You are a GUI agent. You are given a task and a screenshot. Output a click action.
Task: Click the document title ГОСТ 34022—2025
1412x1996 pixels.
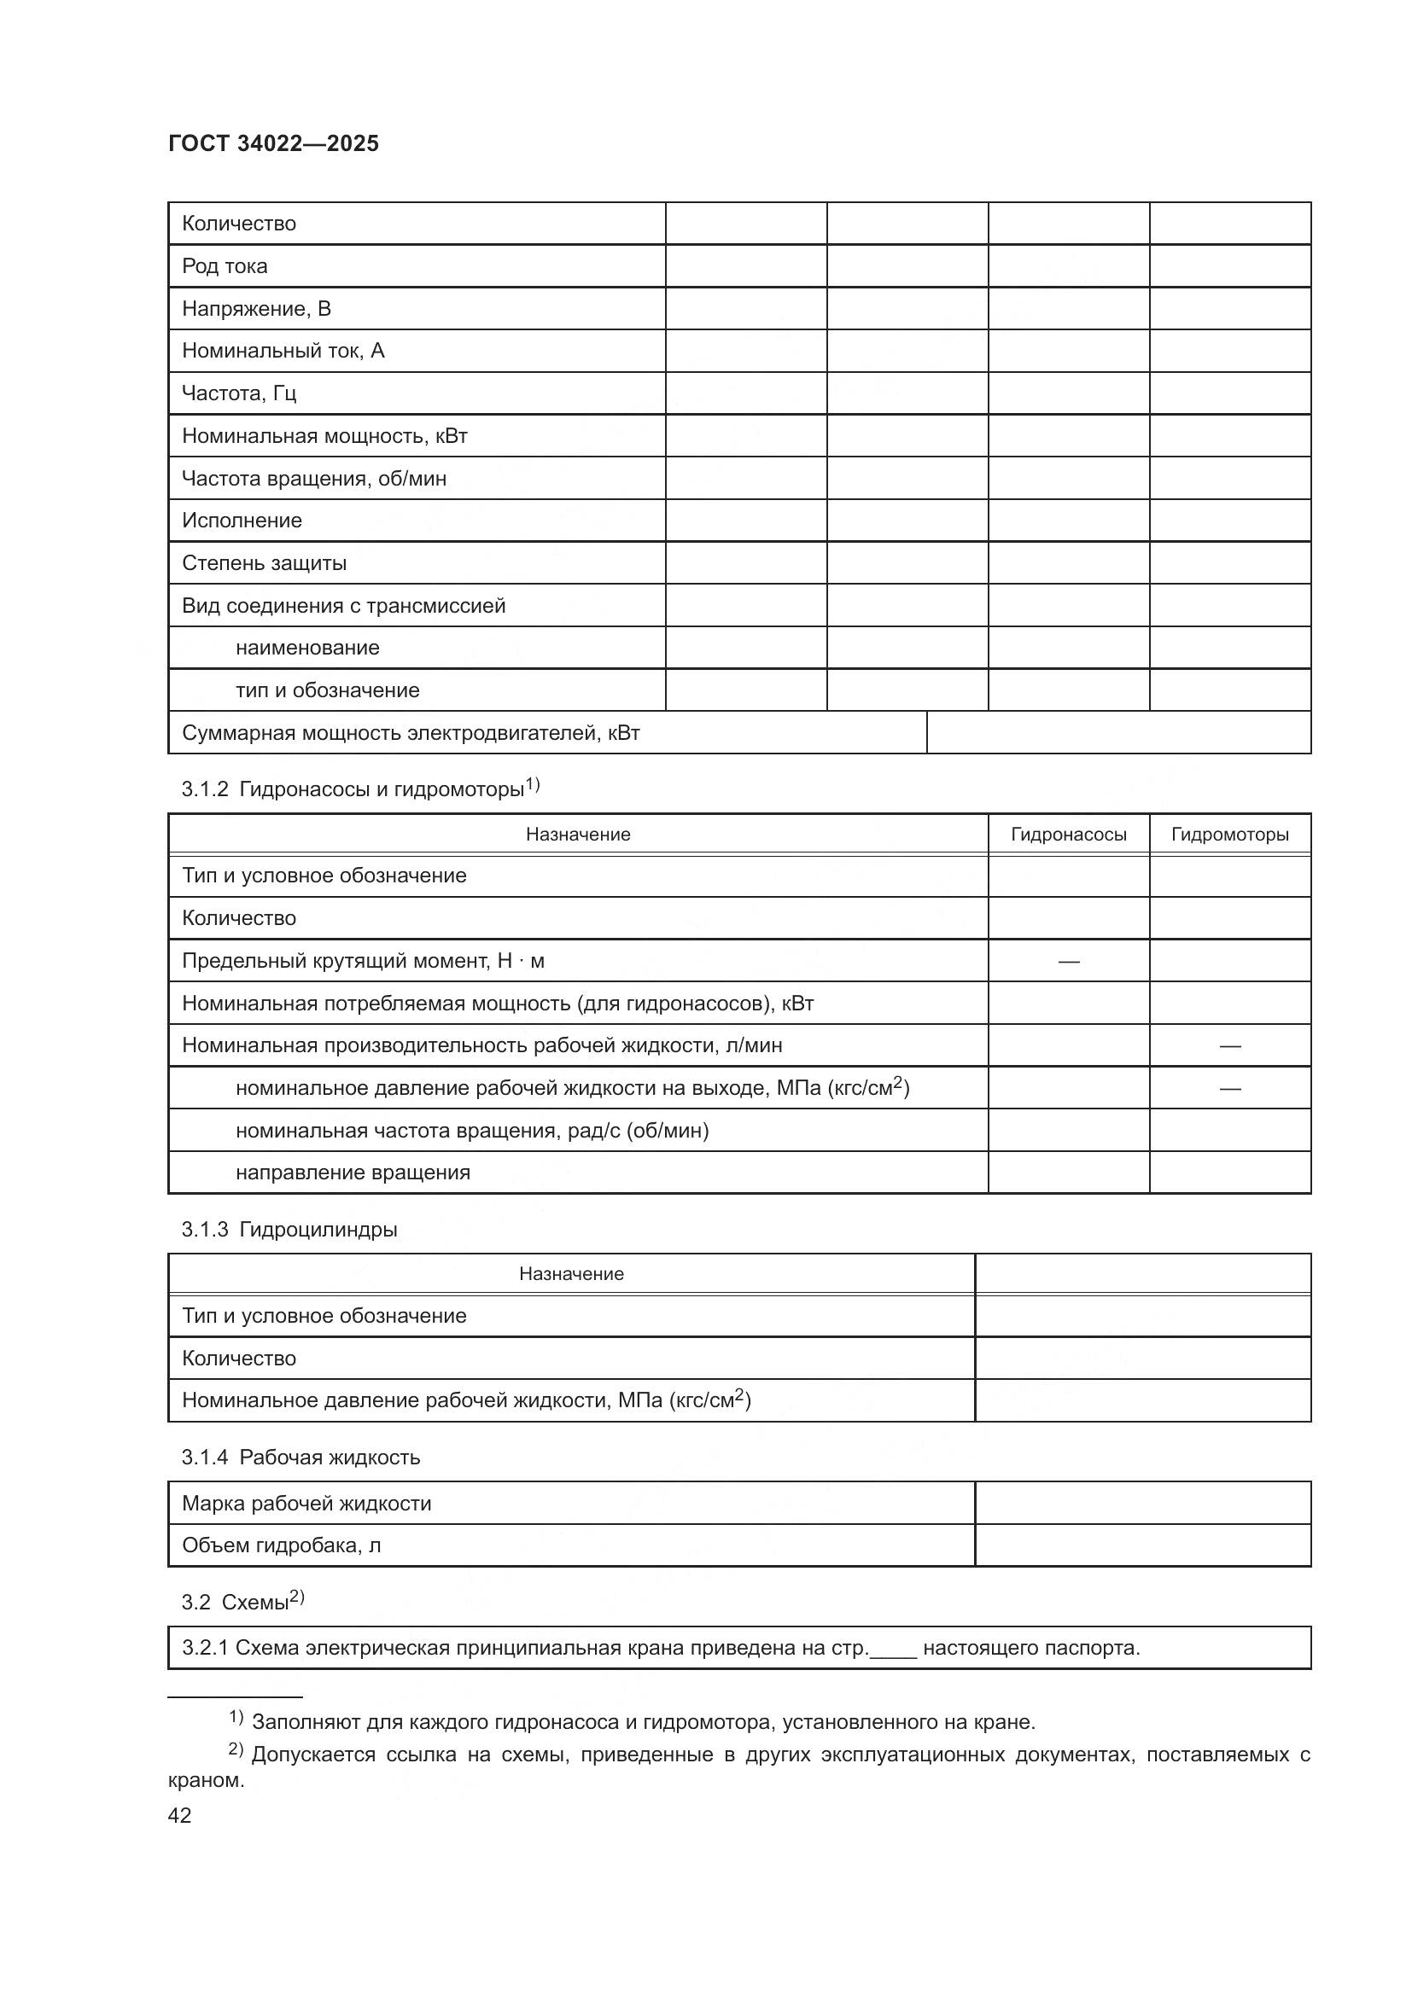click(x=273, y=144)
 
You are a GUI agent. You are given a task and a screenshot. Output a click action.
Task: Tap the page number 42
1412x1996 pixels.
click(x=179, y=1815)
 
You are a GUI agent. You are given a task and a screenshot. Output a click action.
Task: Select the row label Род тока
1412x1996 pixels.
click(x=225, y=266)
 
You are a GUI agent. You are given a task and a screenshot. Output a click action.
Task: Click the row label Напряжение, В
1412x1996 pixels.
click(x=255, y=309)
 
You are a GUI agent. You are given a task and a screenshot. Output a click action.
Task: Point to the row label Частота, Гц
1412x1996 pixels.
click(x=239, y=393)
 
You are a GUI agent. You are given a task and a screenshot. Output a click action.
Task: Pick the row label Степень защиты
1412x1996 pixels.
click(x=264, y=563)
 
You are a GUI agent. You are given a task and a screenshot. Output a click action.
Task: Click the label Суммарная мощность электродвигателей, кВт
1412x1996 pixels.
click(x=411, y=733)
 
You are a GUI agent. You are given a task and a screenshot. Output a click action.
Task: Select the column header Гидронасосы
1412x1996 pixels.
click(x=1068, y=835)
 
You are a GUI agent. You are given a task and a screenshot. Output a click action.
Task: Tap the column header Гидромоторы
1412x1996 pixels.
click(x=1229, y=835)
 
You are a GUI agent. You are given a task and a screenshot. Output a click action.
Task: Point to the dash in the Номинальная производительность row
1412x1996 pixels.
click(x=1229, y=1046)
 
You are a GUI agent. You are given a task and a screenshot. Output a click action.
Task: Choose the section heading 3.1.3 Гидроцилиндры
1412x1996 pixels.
click(x=289, y=1229)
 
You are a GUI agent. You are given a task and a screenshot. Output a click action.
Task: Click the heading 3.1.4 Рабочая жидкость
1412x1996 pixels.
click(x=300, y=1457)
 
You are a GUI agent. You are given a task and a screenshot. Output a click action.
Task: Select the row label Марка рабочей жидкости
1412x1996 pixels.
click(x=306, y=1503)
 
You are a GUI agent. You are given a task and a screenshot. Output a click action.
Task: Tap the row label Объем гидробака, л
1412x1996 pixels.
click(x=281, y=1545)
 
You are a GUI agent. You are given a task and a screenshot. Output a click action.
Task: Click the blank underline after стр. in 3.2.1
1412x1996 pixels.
click(x=893, y=1649)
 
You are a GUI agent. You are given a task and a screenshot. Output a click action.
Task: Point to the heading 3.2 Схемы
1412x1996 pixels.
click(x=242, y=1603)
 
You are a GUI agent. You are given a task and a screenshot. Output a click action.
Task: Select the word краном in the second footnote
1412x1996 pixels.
click(x=206, y=1779)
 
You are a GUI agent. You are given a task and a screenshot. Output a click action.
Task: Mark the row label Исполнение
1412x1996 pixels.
click(x=242, y=521)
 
